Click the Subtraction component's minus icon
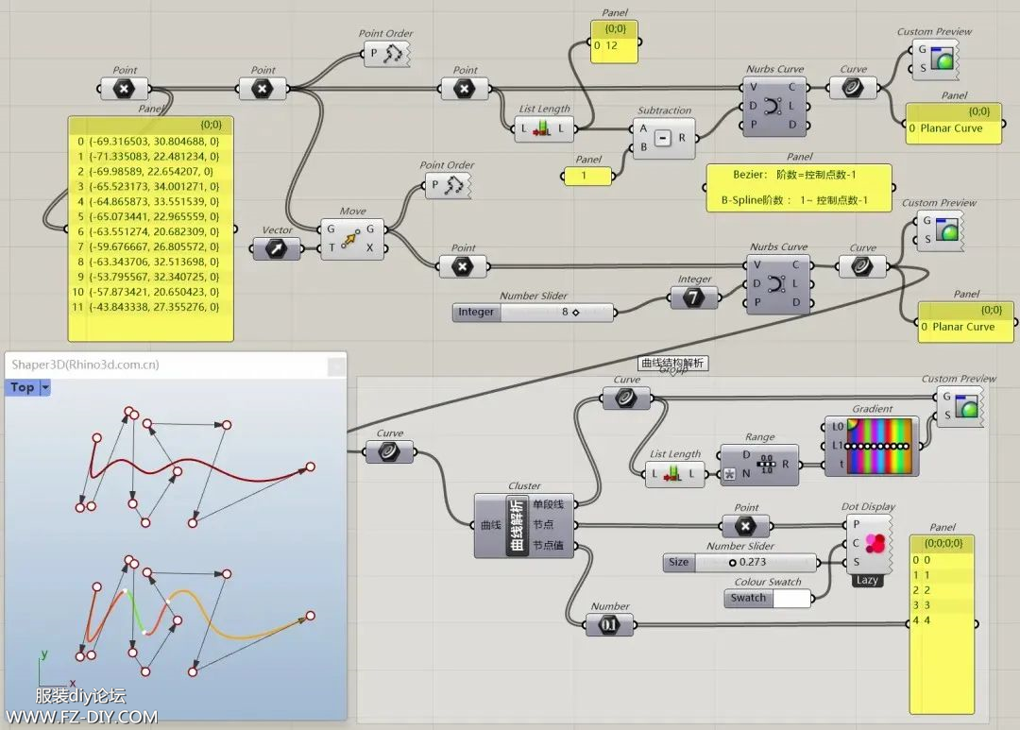point(663,139)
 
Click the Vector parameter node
point(277,248)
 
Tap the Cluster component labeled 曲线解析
point(518,524)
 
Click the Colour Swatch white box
point(791,598)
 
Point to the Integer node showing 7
point(694,297)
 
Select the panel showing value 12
point(614,43)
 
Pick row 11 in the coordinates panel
point(150,308)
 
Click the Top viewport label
point(23,387)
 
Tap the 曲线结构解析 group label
point(672,363)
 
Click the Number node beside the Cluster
point(609,624)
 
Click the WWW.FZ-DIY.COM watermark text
point(82,717)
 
